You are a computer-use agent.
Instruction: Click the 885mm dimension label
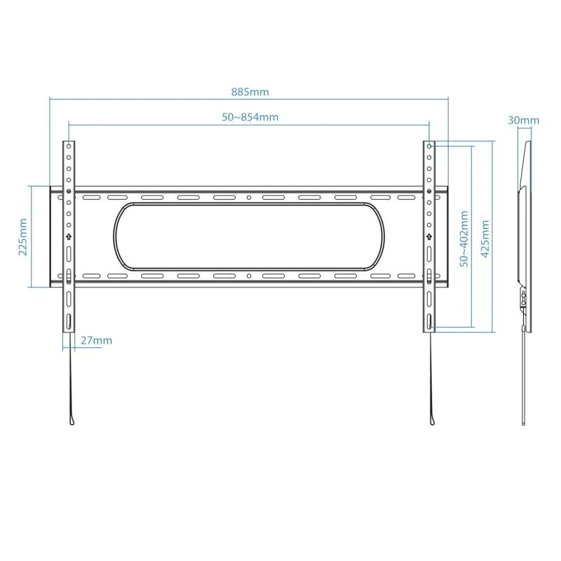[250, 92]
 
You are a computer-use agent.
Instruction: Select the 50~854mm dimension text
[250, 117]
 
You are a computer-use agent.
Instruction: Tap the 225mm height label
[22, 236]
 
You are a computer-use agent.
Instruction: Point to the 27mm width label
[96, 341]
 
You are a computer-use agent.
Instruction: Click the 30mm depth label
[524, 120]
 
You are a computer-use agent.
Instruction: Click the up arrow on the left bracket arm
[69, 236]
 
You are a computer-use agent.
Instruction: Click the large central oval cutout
[250, 236]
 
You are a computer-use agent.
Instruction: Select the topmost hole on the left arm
[69, 148]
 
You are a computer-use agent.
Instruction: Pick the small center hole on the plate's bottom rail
[250, 276]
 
